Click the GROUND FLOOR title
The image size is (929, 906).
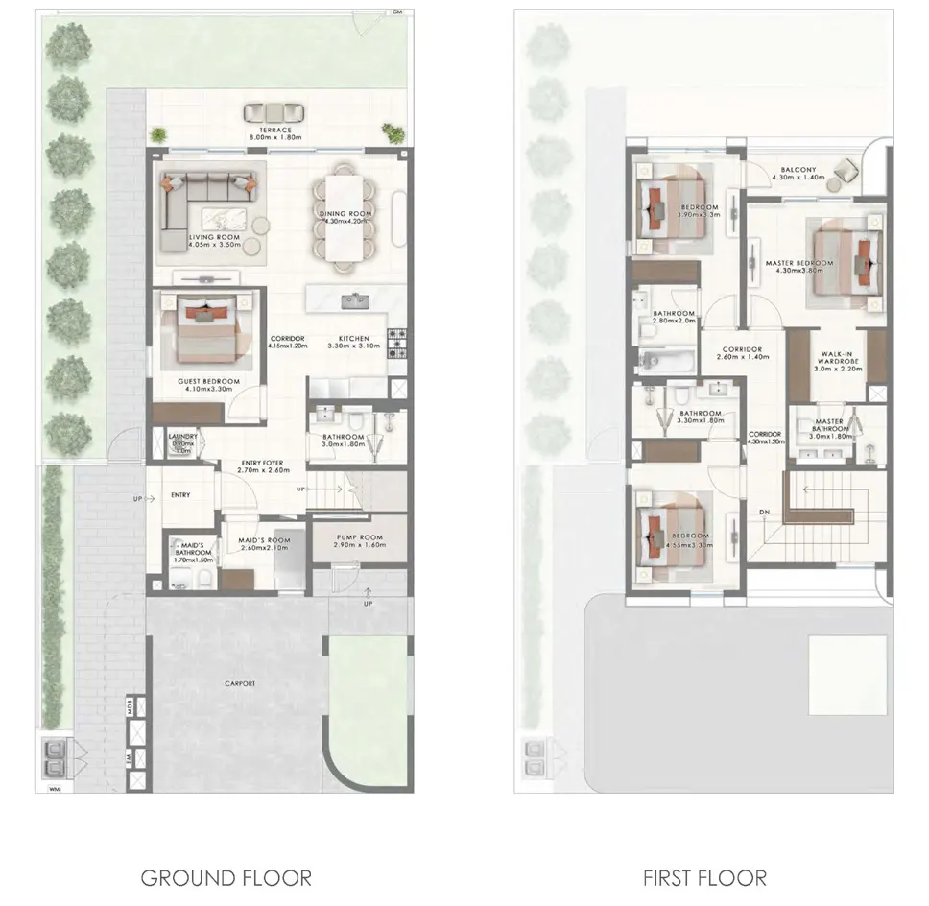click(x=226, y=876)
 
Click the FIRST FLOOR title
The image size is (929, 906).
click(x=703, y=876)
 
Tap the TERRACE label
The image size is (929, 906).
click(x=275, y=130)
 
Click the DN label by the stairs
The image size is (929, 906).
click(x=765, y=512)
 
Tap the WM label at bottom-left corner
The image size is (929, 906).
click(x=52, y=789)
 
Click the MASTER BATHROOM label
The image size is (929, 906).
click(x=829, y=425)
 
